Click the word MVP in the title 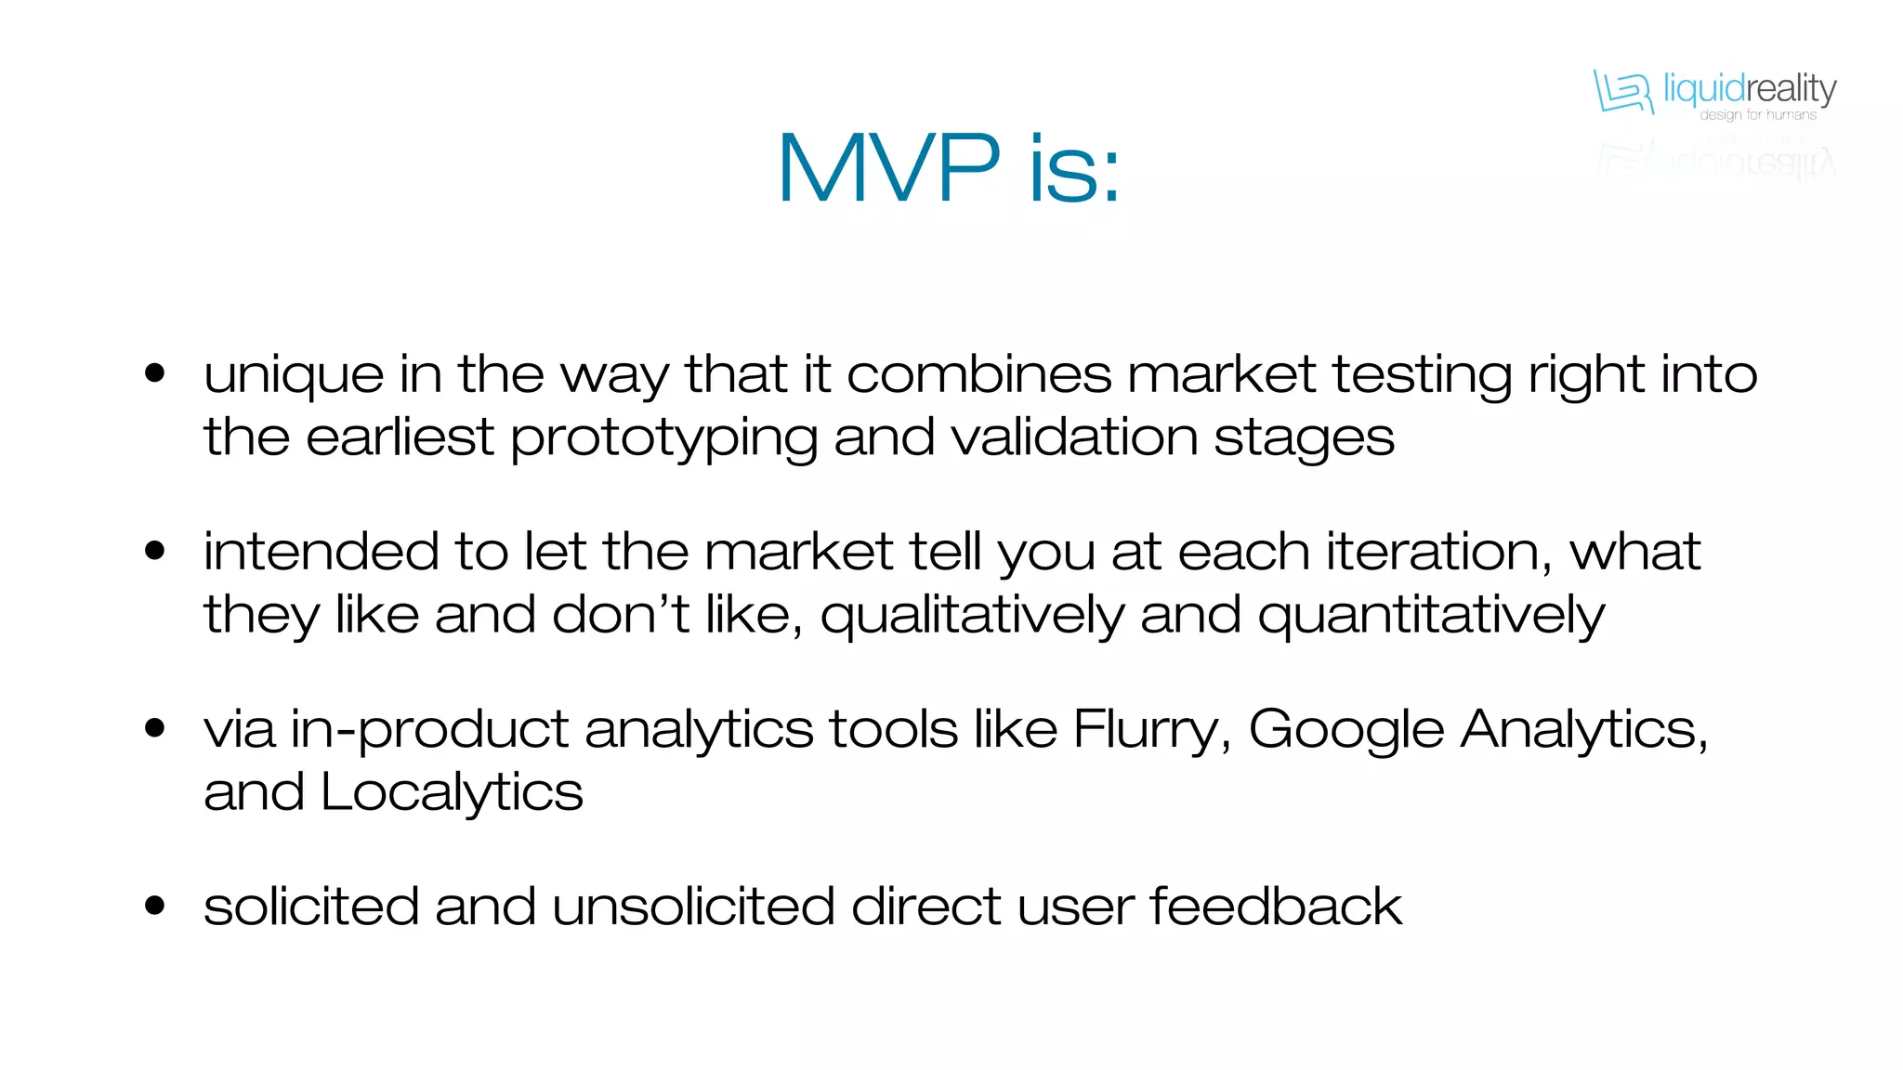coord(888,168)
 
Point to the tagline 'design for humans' coord(1757,115)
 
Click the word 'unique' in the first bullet coord(294,376)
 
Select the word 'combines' coord(978,374)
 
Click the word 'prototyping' coord(663,438)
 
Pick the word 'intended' coord(321,551)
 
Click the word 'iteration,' coord(1439,551)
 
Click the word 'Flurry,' coord(1152,728)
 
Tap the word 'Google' coord(1346,730)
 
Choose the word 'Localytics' coord(452,793)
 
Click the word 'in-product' coord(429,730)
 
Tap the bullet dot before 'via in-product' coord(155,727)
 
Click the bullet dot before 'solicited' coord(155,905)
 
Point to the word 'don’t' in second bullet coord(621,615)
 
